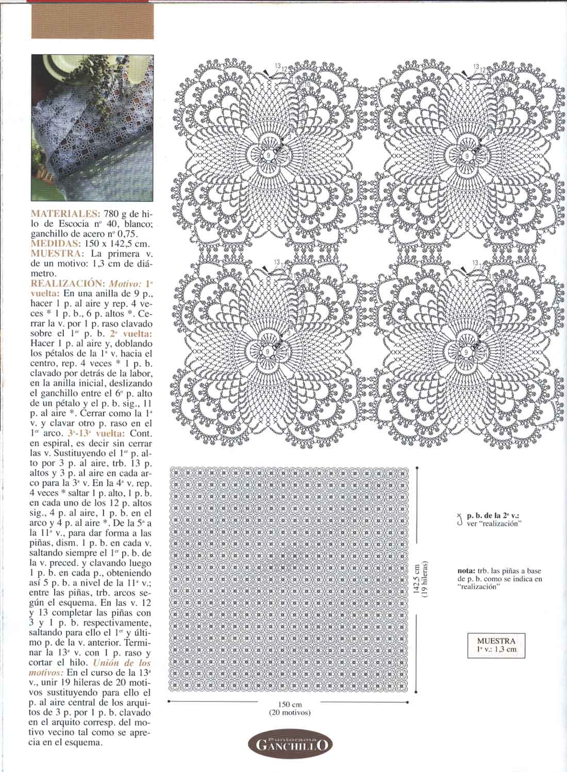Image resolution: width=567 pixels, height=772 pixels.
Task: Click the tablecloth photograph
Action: (x=92, y=127)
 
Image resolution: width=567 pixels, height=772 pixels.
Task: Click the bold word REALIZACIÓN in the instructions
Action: (x=68, y=283)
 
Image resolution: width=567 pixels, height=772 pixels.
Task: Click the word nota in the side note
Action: (x=467, y=570)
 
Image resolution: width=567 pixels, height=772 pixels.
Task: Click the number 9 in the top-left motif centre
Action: (x=269, y=154)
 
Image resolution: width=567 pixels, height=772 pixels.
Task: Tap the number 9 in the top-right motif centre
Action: (x=467, y=155)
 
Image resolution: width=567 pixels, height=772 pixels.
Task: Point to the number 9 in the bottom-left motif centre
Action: (x=269, y=350)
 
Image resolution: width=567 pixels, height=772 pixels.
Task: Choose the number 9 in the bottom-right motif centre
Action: (x=467, y=350)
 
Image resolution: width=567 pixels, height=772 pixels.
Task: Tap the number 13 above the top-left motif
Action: (x=278, y=66)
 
